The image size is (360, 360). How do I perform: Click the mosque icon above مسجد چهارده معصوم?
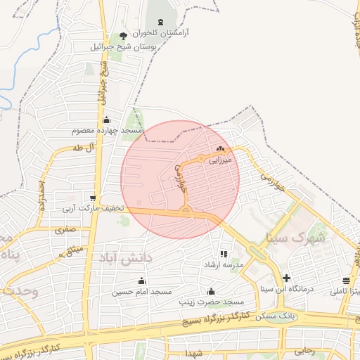[106, 120]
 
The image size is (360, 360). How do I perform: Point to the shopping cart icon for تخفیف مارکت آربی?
[93, 198]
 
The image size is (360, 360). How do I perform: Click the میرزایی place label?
[220, 160]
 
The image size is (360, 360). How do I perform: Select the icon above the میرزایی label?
[221, 149]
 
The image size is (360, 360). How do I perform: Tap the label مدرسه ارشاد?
[223, 264]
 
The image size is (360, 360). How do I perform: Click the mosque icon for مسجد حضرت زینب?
[211, 291]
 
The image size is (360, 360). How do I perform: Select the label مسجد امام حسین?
[143, 291]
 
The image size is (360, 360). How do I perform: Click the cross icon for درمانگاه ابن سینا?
[286, 278]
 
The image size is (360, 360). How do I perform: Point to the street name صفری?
[65, 229]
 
